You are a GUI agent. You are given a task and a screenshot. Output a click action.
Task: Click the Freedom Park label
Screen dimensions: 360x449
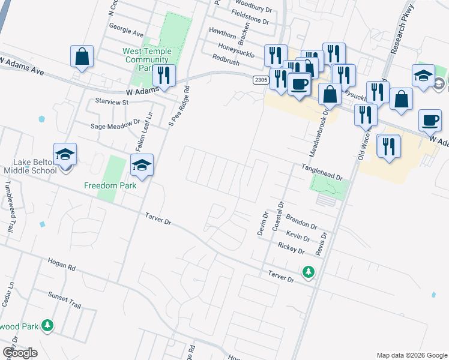[x=110, y=185]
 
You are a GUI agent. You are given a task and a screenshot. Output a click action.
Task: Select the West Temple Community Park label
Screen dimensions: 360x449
[x=147, y=60]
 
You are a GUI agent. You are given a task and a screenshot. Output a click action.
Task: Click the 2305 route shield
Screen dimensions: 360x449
[x=260, y=80]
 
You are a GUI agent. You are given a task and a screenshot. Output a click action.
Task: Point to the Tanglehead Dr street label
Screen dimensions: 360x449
[x=321, y=173]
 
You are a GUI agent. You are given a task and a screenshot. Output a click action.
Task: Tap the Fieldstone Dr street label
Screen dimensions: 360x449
[x=253, y=20]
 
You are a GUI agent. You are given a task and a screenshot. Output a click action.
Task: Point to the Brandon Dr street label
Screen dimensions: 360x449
[x=301, y=221]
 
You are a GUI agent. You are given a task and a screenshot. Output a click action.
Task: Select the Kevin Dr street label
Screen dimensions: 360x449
[x=298, y=235]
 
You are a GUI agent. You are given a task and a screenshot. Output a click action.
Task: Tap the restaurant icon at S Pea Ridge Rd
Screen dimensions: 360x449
[x=163, y=75]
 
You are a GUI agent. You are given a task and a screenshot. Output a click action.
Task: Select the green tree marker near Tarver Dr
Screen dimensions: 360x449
[x=309, y=272]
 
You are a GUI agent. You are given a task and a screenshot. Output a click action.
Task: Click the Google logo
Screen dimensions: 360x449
[x=20, y=353]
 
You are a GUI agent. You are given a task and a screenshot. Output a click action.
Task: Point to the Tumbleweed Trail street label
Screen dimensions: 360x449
[x=10, y=207]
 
